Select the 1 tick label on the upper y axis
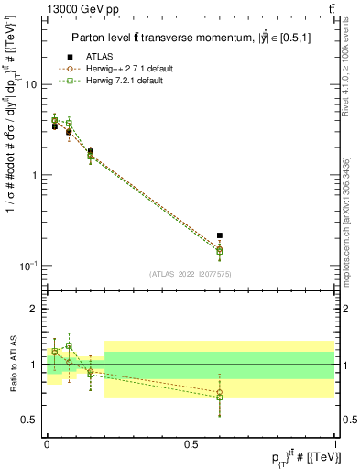37,175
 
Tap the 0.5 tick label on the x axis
191,444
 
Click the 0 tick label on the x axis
47,444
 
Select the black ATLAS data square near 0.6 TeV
219,235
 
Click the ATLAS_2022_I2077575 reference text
190,274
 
